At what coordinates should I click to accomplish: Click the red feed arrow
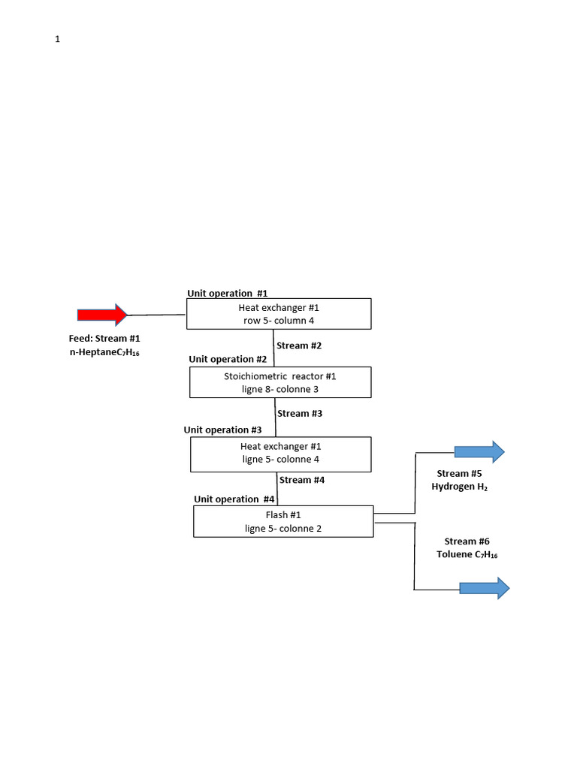pyautogui.click(x=103, y=315)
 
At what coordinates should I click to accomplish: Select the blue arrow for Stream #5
pyautogui.click(x=479, y=451)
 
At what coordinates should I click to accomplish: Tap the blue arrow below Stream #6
pyautogui.click(x=484, y=588)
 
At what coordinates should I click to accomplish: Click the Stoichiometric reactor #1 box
pyautogui.click(x=280, y=382)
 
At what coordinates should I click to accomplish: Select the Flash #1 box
pyautogui.click(x=283, y=521)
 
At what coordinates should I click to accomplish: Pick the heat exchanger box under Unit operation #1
pyautogui.click(x=279, y=314)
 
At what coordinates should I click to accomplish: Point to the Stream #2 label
pyautogui.click(x=299, y=345)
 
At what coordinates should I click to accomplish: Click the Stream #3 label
pyautogui.click(x=300, y=413)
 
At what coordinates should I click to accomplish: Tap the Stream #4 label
pyautogui.click(x=301, y=480)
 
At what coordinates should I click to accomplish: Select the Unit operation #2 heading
pyautogui.click(x=228, y=359)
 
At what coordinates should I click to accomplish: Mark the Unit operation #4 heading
pyautogui.click(x=234, y=499)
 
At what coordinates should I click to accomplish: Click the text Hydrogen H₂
pyautogui.click(x=459, y=487)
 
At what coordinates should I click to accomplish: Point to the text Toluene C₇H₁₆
pyautogui.click(x=467, y=555)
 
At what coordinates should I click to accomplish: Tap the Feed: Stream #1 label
pyautogui.click(x=104, y=339)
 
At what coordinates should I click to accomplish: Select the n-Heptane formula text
pyautogui.click(x=104, y=352)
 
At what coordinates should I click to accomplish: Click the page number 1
pyautogui.click(x=57, y=40)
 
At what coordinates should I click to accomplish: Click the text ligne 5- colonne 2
pyautogui.click(x=282, y=528)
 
